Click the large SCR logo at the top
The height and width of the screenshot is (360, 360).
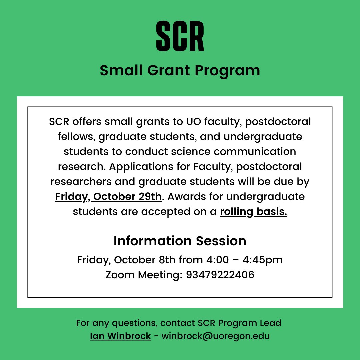[180, 36]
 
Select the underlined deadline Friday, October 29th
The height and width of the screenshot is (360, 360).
[108, 197]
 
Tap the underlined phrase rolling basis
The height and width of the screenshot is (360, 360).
[253, 212]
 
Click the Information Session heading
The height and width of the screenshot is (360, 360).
[180, 241]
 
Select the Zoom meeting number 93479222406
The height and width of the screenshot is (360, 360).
[220, 275]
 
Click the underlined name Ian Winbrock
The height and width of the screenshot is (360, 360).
[120, 336]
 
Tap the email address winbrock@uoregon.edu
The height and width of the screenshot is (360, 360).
[216, 336]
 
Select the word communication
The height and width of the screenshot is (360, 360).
[255, 152]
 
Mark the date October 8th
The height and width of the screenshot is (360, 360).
[144, 260]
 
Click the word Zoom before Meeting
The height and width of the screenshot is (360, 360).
[120, 275]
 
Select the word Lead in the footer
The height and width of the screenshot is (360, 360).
[271, 323]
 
